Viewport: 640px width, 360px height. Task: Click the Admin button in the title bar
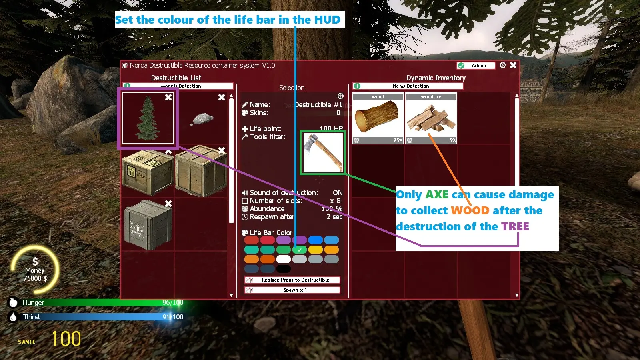coord(476,66)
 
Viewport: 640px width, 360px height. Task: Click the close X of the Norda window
coord(513,65)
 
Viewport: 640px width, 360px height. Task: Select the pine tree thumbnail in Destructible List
coord(148,118)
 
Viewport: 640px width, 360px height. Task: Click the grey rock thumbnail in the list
coord(203,119)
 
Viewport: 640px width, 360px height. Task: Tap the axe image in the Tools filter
coord(322,152)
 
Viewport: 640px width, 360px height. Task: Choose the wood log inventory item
coord(378,118)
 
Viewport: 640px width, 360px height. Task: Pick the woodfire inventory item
coord(431,118)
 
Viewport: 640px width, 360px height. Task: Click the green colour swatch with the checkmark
coord(299,250)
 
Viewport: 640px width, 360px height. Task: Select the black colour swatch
coord(283,269)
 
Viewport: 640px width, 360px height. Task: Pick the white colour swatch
coord(283,259)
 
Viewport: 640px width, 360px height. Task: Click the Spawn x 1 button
coord(292,290)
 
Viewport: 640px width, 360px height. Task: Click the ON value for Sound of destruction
coord(338,193)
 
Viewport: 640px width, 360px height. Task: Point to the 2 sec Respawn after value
coord(334,217)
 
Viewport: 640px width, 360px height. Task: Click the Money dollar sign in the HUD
coord(35,262)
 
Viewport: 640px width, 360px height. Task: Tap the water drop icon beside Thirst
coord(13,317)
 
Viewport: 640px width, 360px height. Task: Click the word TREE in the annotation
coord(515,227)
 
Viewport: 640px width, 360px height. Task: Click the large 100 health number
coord(66,339)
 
